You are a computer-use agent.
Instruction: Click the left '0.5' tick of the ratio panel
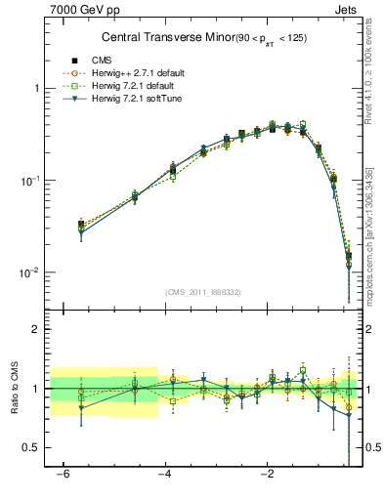point(34,447)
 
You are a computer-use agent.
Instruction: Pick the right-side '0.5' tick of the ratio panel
point(373,447)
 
